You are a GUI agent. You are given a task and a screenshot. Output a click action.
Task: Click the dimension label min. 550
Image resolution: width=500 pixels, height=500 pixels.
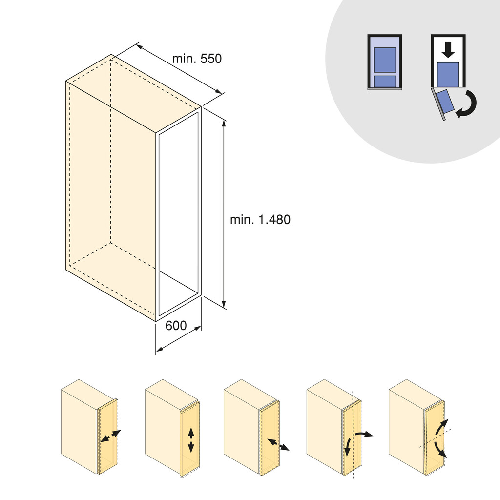196,59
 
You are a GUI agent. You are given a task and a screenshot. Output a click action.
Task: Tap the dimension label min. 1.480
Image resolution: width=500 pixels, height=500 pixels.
260,220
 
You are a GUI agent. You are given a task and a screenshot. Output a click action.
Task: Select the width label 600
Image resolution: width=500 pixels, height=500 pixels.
176,326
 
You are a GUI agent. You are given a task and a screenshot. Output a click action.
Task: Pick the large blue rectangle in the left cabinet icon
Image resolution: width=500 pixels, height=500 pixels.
384,60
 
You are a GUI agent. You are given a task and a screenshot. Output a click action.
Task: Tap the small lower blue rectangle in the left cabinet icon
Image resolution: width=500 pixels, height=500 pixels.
384,81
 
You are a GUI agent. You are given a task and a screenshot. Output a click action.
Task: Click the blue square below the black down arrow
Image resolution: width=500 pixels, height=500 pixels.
448,75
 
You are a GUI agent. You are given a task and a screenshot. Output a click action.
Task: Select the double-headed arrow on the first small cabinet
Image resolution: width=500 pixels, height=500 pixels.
110,436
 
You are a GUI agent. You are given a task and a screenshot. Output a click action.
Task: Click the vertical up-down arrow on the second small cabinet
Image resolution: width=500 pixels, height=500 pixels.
191,439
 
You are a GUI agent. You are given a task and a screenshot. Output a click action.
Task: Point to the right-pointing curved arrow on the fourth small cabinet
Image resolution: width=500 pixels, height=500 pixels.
364,433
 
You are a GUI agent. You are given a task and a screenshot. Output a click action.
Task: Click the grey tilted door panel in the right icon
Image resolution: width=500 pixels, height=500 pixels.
437,105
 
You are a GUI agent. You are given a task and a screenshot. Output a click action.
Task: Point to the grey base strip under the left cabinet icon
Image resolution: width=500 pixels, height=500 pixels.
384,89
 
